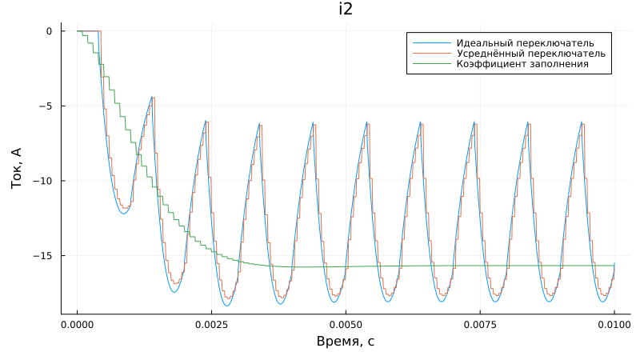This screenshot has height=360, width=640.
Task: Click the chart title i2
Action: pos(346,10)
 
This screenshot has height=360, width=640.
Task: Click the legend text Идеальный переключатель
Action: pos(524,42)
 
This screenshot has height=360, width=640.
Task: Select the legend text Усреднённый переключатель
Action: pos(530,53)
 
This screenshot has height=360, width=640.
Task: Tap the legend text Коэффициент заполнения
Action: pos(522,63)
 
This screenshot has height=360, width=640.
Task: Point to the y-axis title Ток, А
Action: pos(17,166)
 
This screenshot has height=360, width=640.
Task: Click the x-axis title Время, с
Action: pos(346,342)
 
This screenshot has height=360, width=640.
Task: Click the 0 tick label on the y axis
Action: pos(49,31)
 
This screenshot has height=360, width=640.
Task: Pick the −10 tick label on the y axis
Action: pos(43,181)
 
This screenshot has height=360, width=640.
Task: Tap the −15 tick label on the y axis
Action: pos(43,255)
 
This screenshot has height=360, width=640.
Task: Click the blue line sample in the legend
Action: pos(429,42)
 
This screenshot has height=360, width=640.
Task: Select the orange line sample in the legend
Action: pos(429,53)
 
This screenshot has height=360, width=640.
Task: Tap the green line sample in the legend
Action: pos(429,63)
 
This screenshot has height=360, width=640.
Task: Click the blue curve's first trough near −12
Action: pos(123,214)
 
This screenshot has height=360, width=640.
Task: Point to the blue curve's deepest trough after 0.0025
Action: pos(226,306)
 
